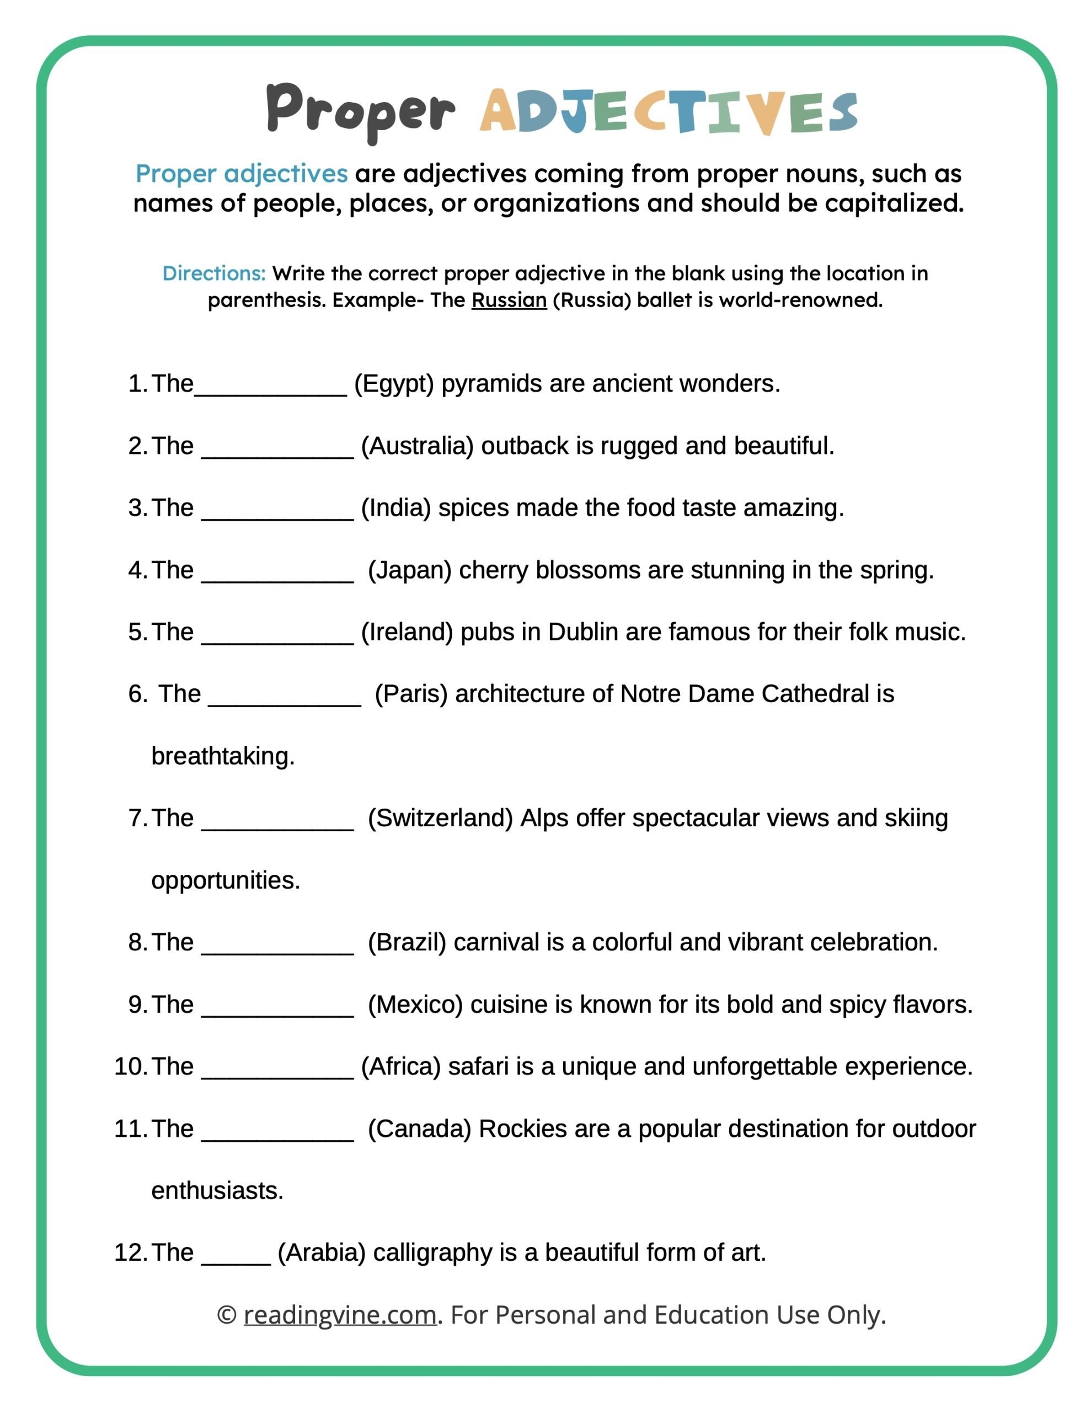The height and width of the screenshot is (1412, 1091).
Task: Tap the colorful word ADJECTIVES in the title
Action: click(x=668, y=113)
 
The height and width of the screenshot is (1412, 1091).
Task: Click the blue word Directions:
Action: click(x=213, y=274)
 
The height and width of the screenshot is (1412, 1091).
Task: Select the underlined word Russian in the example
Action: click(x=509, y=301)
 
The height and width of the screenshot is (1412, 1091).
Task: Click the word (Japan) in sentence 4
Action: click(x=409, y=570)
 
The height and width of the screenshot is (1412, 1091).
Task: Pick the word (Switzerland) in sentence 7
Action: click(x=440, y=819)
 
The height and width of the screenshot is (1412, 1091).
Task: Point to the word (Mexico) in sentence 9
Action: click(x=415, y=1005)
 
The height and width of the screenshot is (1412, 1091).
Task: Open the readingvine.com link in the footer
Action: click(x=340, y=1315)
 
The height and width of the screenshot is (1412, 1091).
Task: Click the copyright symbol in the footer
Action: click(x=226, y=1315)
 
